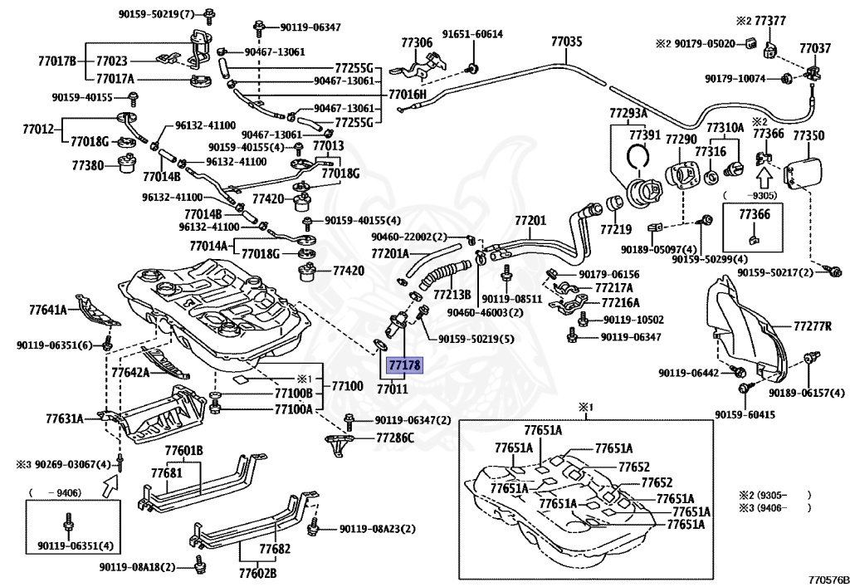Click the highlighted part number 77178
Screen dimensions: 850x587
click(x=403, y=364)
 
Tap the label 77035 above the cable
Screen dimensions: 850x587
click(x=566, y=42)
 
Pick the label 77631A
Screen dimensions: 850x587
click(x=65, y=418)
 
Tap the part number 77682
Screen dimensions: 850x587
click(x=274, y=549)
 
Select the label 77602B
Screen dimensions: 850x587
click(x=257, y=572)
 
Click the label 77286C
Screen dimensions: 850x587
click(x=394, y=438)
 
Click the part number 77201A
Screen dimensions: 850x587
click(x=390, y=253)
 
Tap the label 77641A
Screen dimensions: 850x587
click(x=48, y=310)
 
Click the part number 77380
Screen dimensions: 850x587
click(x=87, y=164)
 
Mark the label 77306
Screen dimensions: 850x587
click(x=417, y=42)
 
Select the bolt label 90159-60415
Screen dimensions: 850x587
click(x=745, y=414)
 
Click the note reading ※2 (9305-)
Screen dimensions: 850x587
click(x=775, y=494)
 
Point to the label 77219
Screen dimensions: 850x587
click(x=615, y=229)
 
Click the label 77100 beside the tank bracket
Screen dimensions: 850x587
click(x=347, y=386)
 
